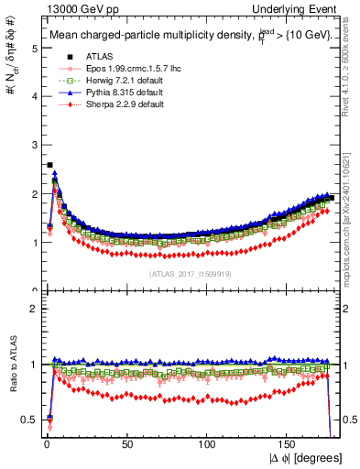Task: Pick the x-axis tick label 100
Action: [x=207, y=444]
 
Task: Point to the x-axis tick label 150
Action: [x=288, y=444]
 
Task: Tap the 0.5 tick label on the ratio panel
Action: [x=28, y=420]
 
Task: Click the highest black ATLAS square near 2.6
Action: [x=49, y=165]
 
